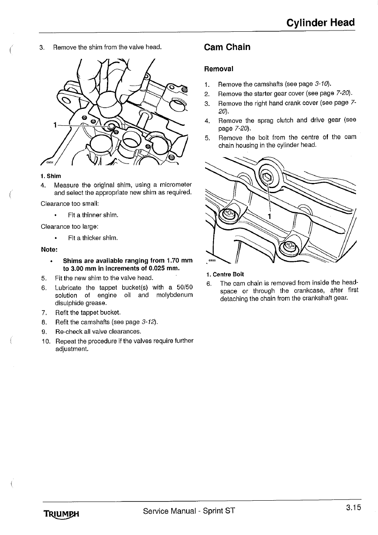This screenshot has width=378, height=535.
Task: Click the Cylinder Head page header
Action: (320, 23)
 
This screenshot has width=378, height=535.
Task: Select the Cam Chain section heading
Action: (227, 47)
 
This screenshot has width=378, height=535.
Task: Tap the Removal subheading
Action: (219, 69)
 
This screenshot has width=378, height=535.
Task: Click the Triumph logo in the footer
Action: (62, 514)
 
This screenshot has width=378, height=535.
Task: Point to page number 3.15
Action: (353, 508)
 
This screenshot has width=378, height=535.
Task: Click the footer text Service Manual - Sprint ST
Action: (189, 511)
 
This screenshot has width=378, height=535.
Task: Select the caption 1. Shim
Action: (51, 176)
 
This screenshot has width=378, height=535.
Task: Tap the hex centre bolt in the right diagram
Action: (267, 177)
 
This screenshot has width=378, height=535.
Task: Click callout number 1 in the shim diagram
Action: (55, 125)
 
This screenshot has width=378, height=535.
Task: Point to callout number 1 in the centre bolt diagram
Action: (269, 217)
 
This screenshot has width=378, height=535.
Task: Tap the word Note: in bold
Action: (49, 249)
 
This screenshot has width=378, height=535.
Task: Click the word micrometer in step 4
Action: (174, 185)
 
